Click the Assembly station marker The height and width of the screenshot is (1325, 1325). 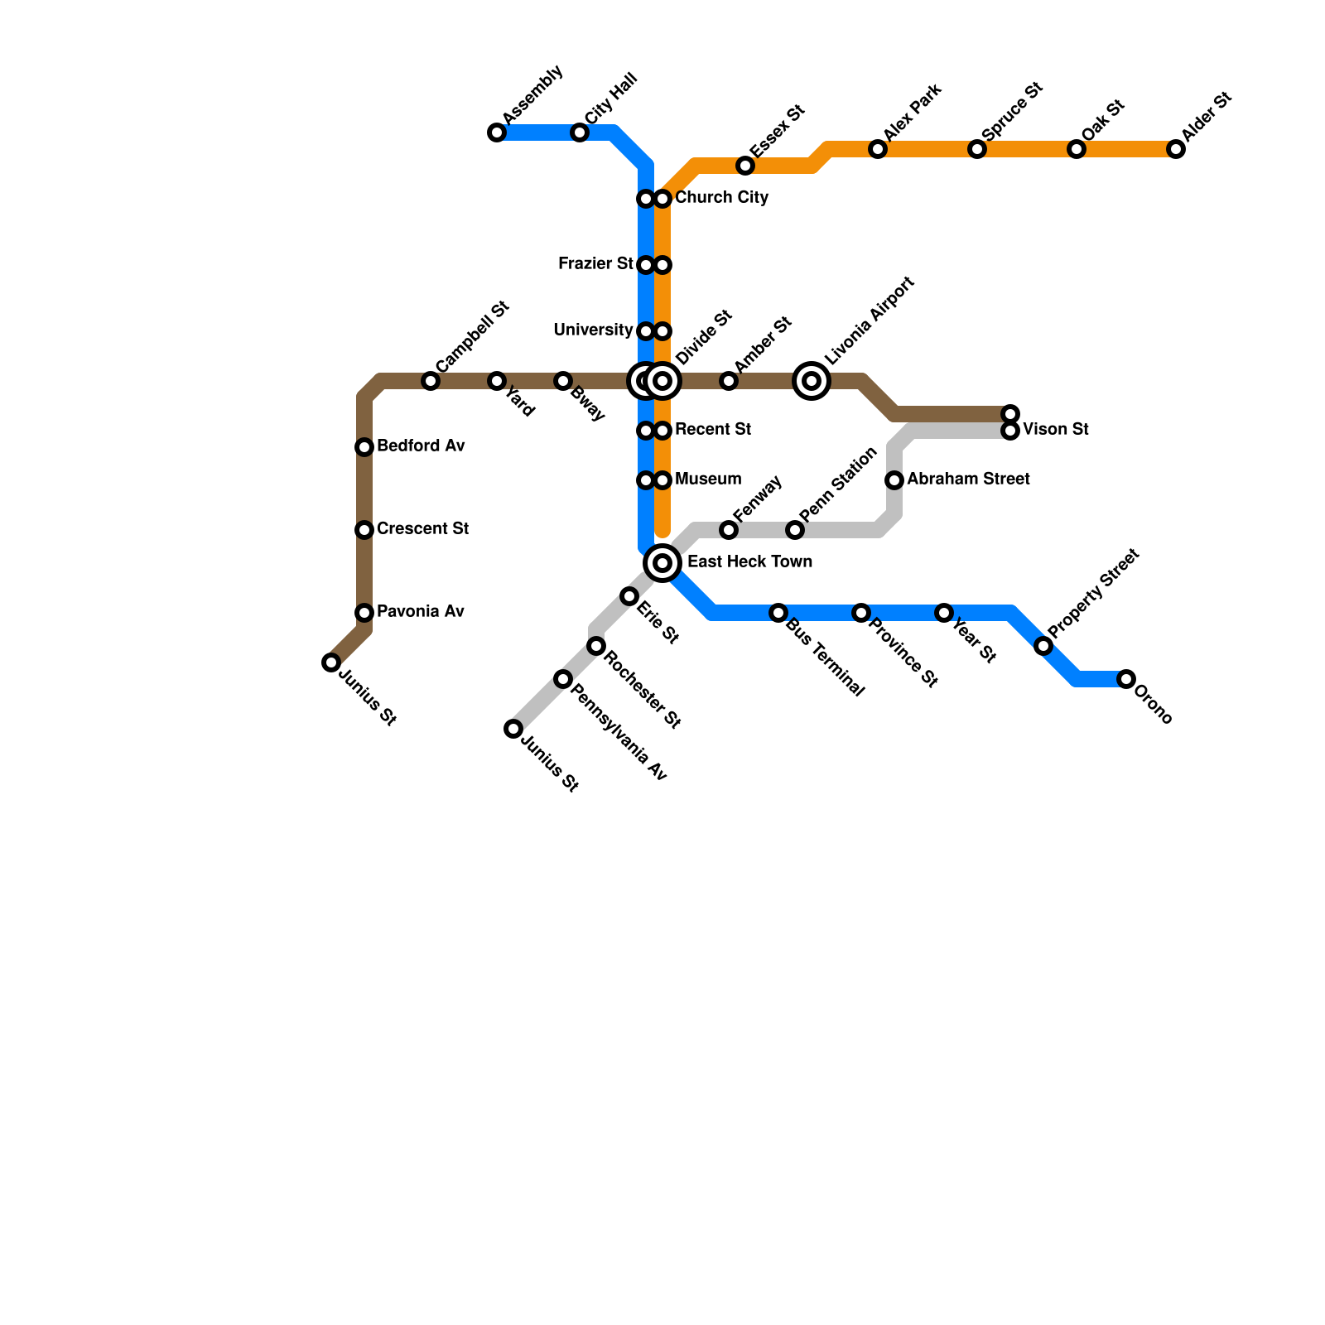pyautogui.click(x=497, y=132)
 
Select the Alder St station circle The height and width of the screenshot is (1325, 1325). pyautogui.click(x=1176, y=149)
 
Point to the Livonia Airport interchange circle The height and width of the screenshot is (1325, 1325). pyautogui.click(x=812, y=381)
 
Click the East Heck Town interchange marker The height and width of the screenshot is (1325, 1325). pyautogui.click(x=662, y=563)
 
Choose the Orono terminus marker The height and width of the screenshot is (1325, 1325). pyautogui.click(x=1126, y=679)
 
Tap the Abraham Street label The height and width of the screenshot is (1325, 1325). pyautogui.click(x=968, y=479)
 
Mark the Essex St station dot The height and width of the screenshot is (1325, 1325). pyautogui.click(x=745, y=166)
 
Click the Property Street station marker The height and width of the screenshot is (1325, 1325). pyautogui.click(x=1043, y=646)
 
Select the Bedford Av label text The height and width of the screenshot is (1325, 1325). pyautogui.click(x=421, y=446)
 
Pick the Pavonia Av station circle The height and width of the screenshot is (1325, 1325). pyautogui.click(x=364, y=613)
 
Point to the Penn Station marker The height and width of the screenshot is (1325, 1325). pyautogui.click(x=795, y=530)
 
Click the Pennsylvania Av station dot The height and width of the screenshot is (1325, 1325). pyautogui.click(x=563, y=679)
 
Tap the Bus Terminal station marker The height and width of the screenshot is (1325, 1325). pyautogui.click(x=778, y=613)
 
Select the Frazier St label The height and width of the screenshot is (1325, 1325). pyautogui.click(x=595, y=264)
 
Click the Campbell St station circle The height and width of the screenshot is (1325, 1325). pyautogui.click(x=431, y=381)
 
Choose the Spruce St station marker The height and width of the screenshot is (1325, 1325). pyautogui.click(x=977, y=149)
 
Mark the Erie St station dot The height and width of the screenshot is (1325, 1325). pyautogui.click(x=629, y=596)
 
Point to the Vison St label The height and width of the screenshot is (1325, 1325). pyautogui.click(x=1055, y=430)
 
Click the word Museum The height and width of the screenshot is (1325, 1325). pyautogui.click(x=708, y=479)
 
